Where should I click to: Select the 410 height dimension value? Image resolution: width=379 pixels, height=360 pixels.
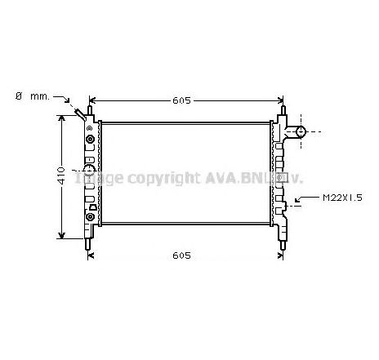[x=50, y=178]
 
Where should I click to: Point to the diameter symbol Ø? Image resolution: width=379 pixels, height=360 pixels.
[x=18, y=96]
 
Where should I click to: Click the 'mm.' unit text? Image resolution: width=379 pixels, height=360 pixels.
[x=39, y=96]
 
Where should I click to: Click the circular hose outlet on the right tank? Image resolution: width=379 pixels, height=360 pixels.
[x=300, y=131]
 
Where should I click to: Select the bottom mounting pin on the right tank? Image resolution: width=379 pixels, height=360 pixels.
[x=282, y=240]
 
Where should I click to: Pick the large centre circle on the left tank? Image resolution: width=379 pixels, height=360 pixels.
[x=88, y=173]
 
